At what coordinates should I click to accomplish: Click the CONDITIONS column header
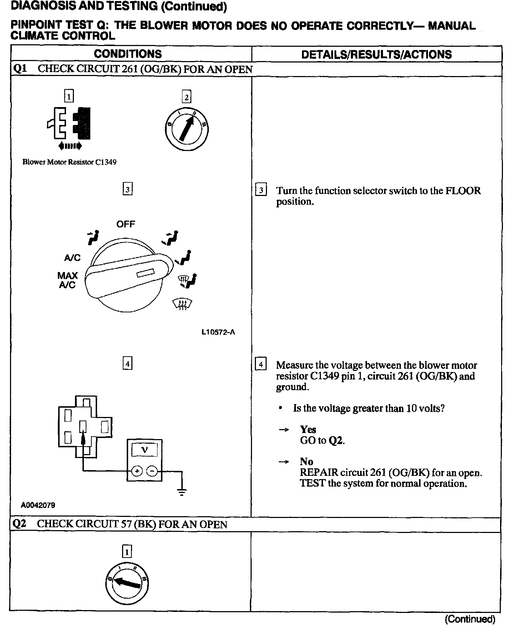128,54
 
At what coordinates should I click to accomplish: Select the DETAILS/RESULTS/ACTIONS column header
377,54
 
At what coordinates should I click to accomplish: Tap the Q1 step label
20,69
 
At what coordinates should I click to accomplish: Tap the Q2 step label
20,524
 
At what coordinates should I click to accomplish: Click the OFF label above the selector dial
126,224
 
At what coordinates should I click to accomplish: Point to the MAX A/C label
67,280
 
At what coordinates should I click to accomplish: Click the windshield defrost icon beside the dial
182,304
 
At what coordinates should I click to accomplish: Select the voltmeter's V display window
145,450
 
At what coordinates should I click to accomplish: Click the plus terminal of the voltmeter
137,471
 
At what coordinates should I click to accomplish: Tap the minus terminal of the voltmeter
152,471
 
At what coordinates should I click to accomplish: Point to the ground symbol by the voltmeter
182,492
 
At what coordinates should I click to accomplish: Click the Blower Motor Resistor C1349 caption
69,162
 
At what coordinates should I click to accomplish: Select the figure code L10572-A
218,332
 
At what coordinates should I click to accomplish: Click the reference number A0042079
38,505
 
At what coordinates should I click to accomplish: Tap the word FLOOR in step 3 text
463,191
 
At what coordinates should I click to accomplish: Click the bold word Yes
308,429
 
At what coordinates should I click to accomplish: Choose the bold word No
306,461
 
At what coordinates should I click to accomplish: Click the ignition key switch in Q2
127,584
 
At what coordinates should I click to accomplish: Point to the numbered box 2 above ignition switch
186,97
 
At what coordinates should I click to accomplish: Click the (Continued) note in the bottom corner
470,619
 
